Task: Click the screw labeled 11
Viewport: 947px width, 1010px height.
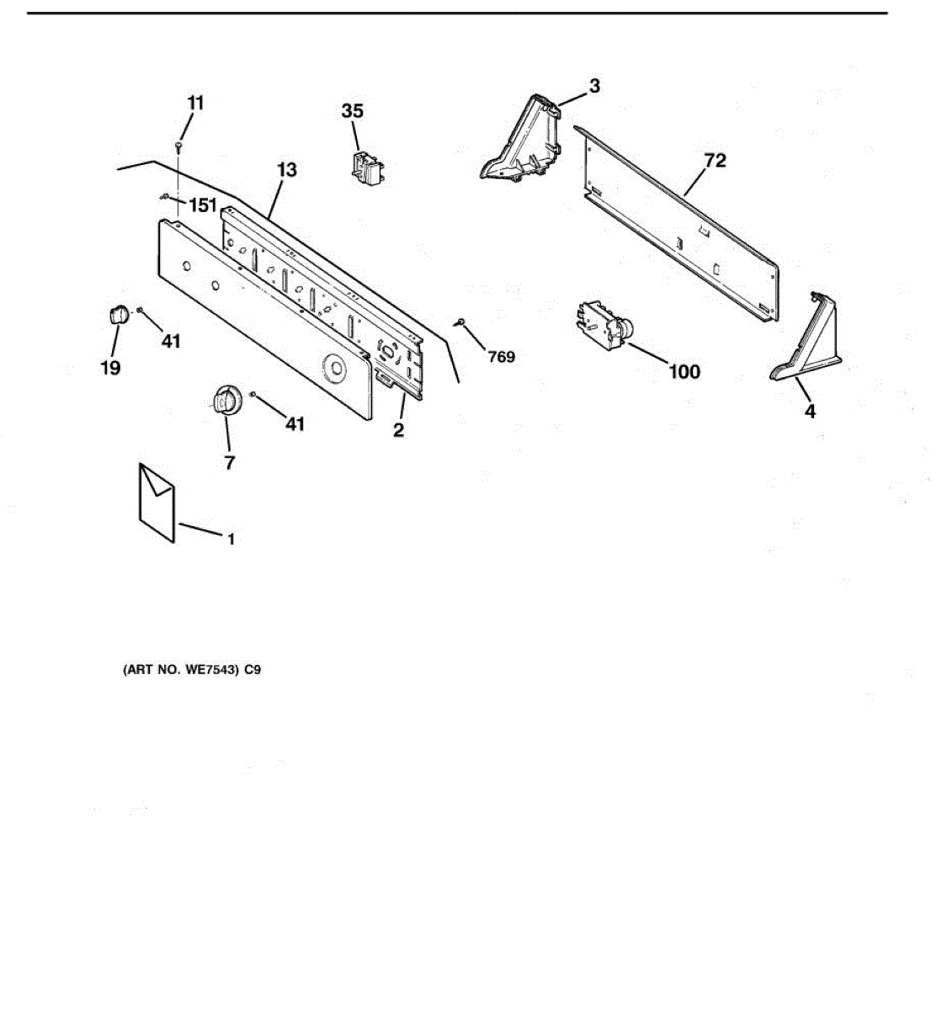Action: click(179, 146)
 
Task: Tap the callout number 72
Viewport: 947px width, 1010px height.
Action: click(715, 160)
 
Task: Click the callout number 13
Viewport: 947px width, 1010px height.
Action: click(286, 170)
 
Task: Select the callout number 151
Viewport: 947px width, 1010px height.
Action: click(202, 205)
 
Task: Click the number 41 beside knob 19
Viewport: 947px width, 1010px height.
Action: click(171, 341)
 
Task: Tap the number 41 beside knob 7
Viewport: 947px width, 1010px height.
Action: click(294, 424)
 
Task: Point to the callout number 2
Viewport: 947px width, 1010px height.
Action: click(398, 430)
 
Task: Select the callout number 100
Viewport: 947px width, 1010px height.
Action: click(684, 371)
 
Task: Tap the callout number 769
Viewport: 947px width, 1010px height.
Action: click(501, 357)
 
